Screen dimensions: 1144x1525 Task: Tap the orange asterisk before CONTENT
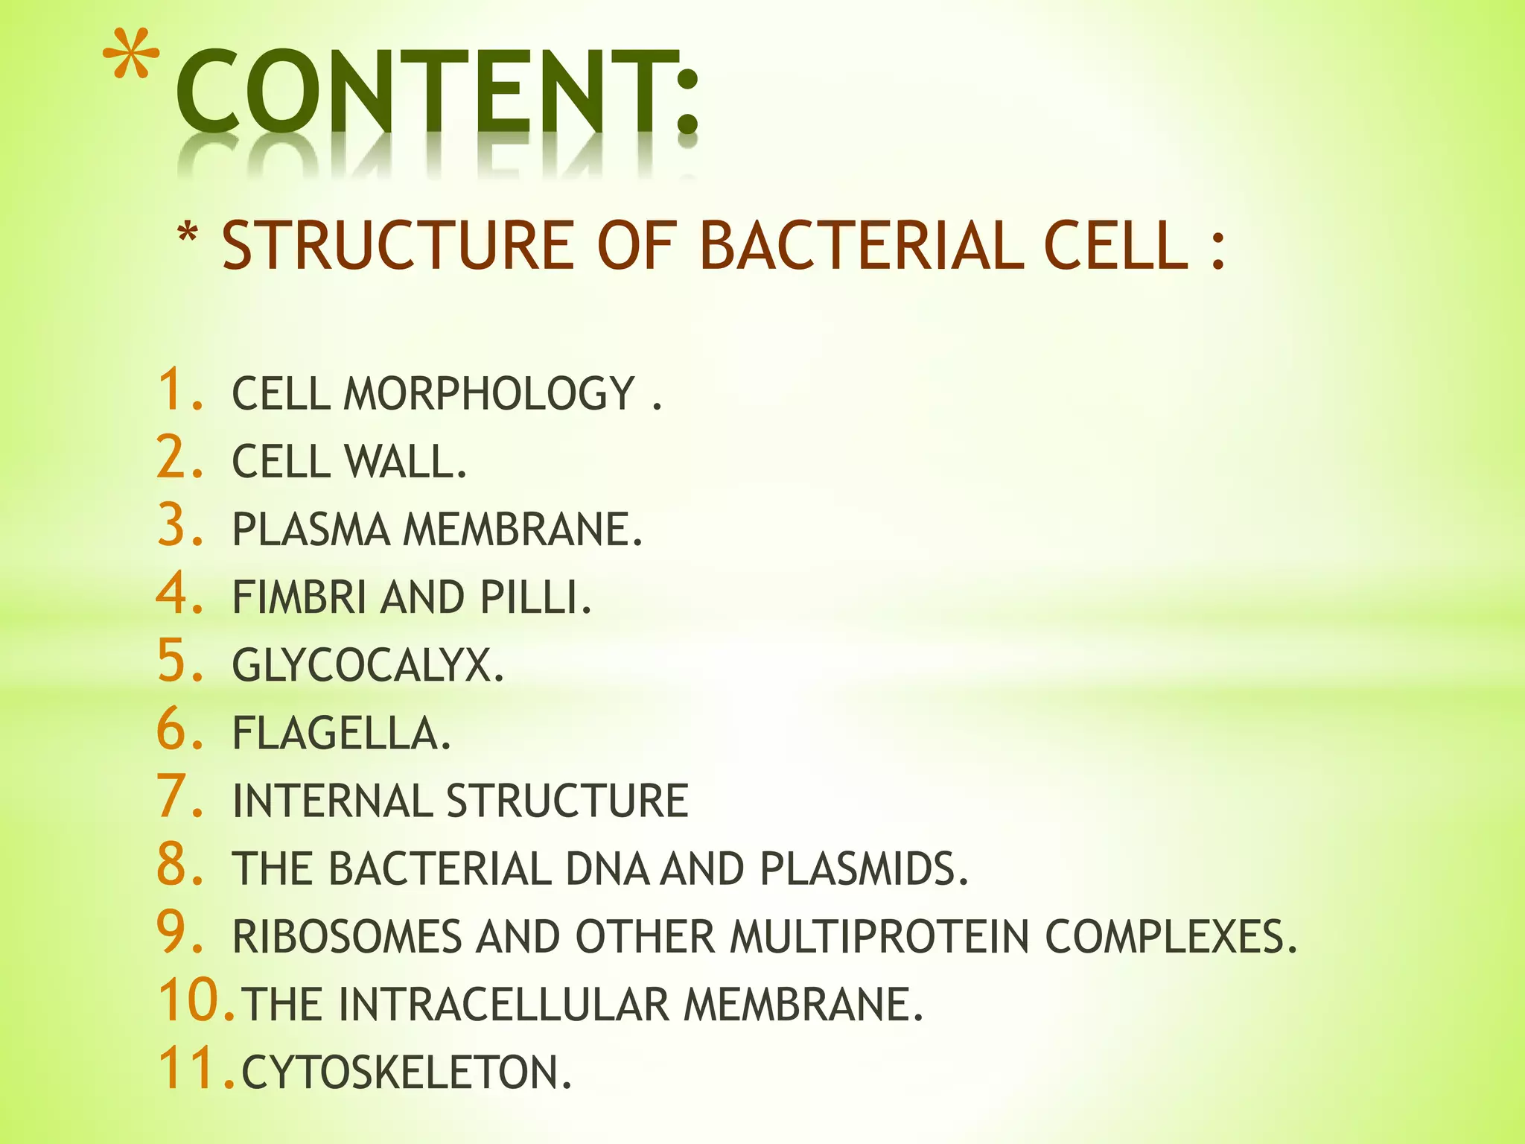coord(131,58)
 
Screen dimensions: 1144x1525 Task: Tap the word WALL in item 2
coord(406,462)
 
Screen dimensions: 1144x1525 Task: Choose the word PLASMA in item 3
coord(311,530)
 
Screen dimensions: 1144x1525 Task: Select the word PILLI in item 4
coord(535,597)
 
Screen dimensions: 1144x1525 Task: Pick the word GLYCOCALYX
coord(368,665)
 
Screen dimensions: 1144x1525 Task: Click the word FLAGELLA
coord(341,733)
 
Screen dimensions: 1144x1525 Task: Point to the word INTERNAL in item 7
coord(332,801)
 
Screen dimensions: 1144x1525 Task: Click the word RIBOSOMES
coord(347,936)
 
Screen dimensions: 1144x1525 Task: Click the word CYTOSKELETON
coord(406,1072)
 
